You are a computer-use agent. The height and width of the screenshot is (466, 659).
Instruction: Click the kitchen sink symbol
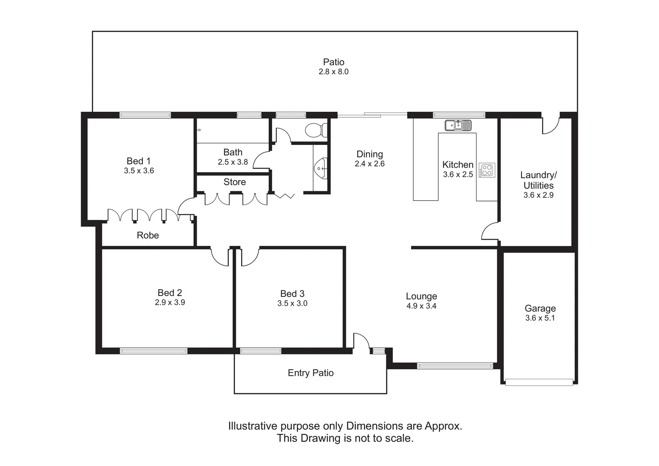coord(458,126)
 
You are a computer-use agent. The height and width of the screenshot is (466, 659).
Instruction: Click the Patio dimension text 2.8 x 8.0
coord(333,72)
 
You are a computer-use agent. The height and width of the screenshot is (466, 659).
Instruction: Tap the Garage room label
coord(540,309)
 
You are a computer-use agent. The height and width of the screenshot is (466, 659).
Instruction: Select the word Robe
coord(147,236)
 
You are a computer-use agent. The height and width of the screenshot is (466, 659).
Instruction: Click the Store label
coord(235,182)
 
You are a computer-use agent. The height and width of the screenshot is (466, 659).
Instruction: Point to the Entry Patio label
coord(311,373)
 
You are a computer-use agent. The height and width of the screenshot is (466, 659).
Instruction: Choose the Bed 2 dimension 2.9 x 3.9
coord(170,303)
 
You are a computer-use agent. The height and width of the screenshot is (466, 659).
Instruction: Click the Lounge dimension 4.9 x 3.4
coord(421,306)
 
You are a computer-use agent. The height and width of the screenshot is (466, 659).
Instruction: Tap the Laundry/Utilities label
coord(538,180)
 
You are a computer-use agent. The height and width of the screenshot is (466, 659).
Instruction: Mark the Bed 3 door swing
coord(249,257)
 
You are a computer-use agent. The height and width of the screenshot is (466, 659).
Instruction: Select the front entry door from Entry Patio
coord(361,342)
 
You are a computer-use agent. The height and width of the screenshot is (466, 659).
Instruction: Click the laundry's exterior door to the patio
coord(550,125)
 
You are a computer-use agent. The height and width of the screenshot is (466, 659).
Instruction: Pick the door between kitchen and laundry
coord(491,231)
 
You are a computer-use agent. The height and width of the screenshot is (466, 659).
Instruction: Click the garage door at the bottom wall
coord(539,382)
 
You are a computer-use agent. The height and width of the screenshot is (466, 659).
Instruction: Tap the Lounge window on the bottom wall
coord(455,366)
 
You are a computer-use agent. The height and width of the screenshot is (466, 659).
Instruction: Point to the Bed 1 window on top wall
coord(145,115)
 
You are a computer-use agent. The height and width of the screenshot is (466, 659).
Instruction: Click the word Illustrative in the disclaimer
coord(253,426)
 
